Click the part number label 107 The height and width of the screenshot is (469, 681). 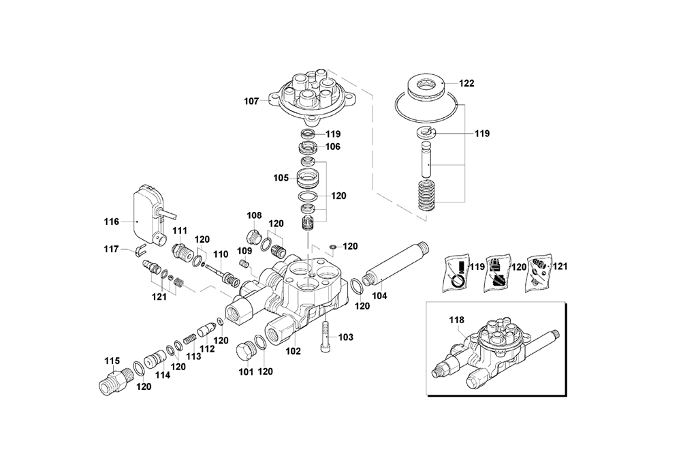tap(251, 102)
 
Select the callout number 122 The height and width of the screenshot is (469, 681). tap(466, 83)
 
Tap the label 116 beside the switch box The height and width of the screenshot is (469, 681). tap(111, 222)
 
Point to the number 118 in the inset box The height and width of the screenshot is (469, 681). tap(456, 320)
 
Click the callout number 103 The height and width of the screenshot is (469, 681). tap(346, 337)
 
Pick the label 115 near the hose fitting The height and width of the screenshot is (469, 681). tap(112, 361)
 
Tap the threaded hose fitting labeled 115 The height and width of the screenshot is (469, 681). tap(113, 381)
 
